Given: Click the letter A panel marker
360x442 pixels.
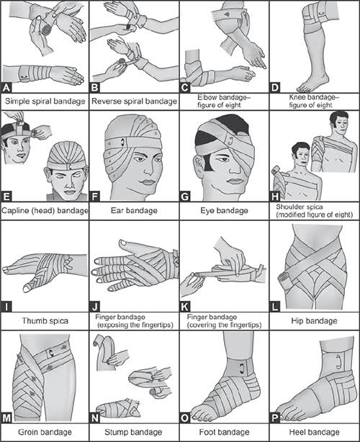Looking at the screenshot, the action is pos(6,88).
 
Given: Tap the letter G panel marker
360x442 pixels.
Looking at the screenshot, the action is pos(184,197).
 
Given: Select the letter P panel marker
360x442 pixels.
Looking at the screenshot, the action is pos(275,418).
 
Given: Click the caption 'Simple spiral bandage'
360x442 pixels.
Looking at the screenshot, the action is pos(45,102).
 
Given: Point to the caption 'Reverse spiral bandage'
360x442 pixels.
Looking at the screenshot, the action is pos(135,102).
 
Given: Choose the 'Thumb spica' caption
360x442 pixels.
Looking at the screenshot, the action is pos(45,321).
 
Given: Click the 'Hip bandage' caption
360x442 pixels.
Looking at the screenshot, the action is pos(315,321).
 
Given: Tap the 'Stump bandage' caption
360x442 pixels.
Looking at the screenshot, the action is pos(133,432).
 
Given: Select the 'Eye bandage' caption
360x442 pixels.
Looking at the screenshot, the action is pos(225,211).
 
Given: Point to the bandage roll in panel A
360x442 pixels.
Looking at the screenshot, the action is pos(45,30).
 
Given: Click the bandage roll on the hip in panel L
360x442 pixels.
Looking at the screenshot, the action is pos(284,281).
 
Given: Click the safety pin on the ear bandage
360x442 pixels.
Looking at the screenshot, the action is pos(122,142).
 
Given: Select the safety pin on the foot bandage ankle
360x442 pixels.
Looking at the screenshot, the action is pos(241,369).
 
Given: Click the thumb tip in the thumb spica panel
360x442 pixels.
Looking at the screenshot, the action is pos(27,289).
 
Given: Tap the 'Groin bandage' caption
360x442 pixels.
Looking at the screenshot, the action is pos(45,432).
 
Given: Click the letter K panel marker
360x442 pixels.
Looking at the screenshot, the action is pos(184,307).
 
